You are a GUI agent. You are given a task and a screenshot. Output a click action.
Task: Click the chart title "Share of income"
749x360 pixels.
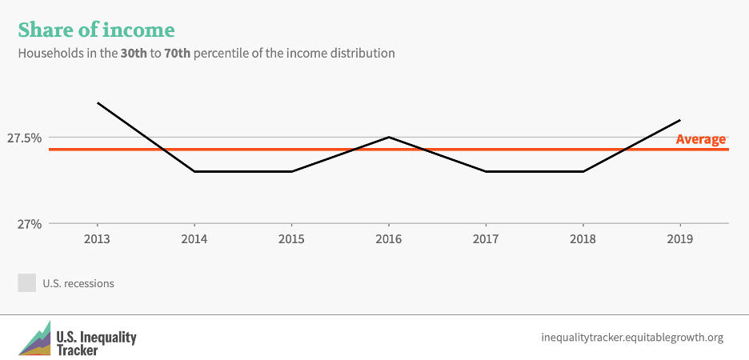(96, 30)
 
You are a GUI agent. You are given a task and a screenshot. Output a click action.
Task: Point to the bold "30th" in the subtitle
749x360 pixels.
(126, 54)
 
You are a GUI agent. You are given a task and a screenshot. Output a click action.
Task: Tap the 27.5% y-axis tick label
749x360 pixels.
(24, 138)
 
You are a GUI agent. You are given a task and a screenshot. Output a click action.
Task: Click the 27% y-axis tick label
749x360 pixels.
(30, 224)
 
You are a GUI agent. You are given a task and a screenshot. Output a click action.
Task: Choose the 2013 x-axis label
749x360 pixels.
(97, 240)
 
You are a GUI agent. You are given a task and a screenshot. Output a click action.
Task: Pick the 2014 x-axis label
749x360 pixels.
(194, 240)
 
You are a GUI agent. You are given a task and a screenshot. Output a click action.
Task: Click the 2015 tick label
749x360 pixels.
(291, 240)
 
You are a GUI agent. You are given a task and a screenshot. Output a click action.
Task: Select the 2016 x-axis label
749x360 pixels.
(388, 240)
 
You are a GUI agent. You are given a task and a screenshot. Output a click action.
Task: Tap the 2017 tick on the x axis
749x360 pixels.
(486, 240)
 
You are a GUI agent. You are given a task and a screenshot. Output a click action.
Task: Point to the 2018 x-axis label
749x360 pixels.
(583, 240)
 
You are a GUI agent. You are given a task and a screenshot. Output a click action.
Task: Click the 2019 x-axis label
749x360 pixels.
(679, 240)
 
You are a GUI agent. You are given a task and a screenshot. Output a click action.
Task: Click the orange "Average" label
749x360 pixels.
(700, 139)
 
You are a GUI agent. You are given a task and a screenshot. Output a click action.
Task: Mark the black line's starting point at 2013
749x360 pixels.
(97, 102)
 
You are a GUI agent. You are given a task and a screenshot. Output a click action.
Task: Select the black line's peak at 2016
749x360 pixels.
(388, 137)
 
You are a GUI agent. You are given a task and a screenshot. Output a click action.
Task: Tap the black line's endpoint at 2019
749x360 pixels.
(679, 120)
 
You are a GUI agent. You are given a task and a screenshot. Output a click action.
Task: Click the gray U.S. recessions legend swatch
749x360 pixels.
(26, 283)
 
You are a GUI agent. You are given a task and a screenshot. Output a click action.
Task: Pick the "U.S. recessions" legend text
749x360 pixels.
(78, 283)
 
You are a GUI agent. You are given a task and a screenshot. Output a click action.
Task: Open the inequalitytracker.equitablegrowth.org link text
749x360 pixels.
(632, 338)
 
